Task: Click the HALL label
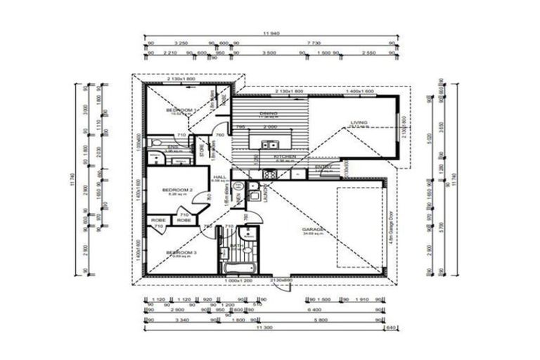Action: tap(219, 177)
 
